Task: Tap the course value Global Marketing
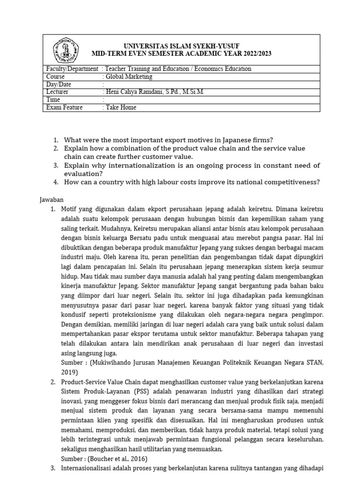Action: (x=129, y=77)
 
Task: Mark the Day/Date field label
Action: (x=59, y=85)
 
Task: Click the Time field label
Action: (x=54, y=100)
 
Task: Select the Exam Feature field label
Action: (x=64, y=107)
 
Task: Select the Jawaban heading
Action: (x=52, y=200)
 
